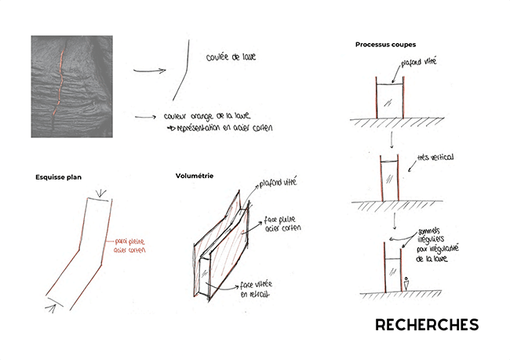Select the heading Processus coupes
click(x=385, y=43)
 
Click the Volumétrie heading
click(x=195, y=176)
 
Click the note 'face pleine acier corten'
click(x=281, y=224)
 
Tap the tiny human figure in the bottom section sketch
click(x=406, y=283)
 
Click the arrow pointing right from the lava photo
click(x=149, y=71)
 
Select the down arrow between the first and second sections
click(x=390, y=139)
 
